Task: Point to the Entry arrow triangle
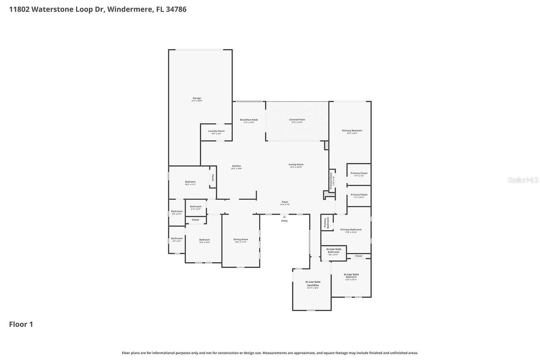coord(284,217)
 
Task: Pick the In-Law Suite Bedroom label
coord(351,276)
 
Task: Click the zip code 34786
coord(176,9)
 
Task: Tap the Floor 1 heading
coord(21,324)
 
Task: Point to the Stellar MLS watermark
coord(523,180)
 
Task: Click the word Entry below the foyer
coord(284,221)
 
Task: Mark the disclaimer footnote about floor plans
coord(270,353)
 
